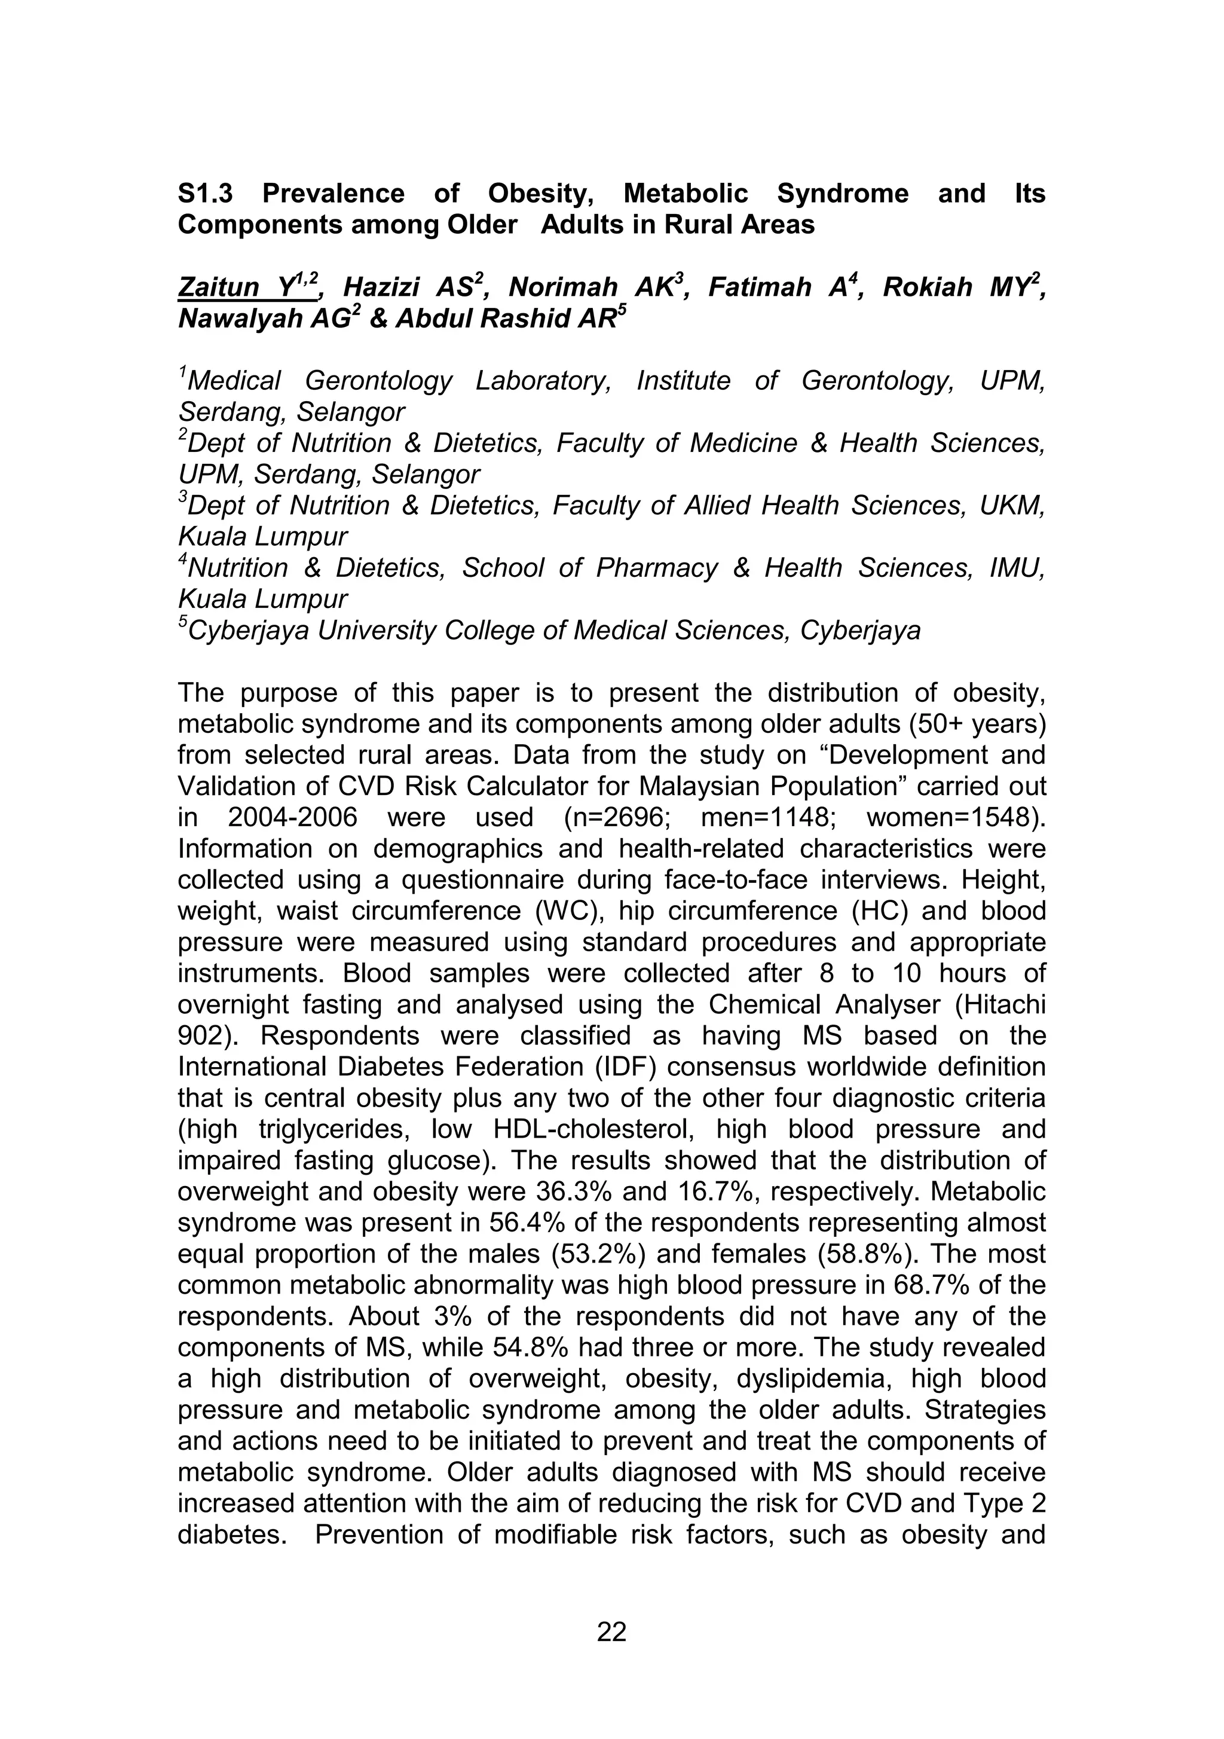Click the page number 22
pos(611,1631)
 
